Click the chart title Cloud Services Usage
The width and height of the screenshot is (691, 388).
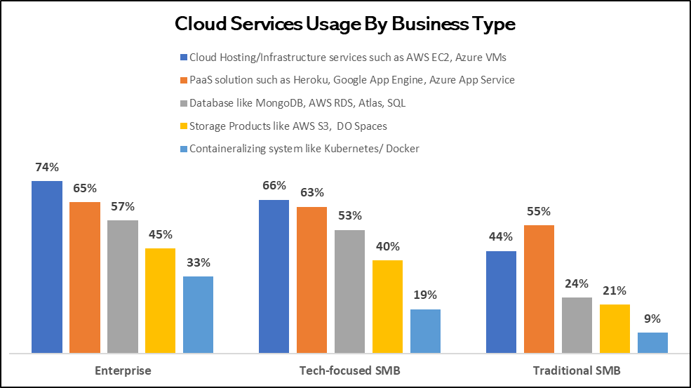coord(344,24)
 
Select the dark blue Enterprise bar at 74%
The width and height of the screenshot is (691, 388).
coord(46,267)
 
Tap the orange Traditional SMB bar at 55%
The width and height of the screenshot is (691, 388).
coord(539,288)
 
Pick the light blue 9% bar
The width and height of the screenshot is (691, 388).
coord(652,342)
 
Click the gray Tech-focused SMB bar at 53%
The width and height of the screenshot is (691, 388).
coord(349,290)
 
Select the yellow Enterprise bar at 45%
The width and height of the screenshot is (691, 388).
coord(160,300)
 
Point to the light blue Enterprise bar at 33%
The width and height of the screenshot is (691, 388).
coord(198,314)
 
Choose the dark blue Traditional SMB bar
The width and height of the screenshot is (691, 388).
coord(501,302)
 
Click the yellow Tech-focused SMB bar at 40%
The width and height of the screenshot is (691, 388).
coord(387,306)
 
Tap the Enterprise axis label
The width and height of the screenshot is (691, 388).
coord(123,370)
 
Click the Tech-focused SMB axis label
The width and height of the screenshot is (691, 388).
coord(349,370)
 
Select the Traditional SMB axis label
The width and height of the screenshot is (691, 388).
coord(577,370)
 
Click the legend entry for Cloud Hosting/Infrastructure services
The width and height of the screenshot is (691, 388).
coord(349,57)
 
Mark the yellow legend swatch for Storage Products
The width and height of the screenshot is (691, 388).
coord(184,126)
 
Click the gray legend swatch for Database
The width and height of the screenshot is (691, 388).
coord(184,103)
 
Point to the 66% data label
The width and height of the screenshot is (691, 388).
coord(274,186)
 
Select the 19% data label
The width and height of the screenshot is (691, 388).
coord(425,295)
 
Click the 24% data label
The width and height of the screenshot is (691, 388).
coord(577,283)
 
